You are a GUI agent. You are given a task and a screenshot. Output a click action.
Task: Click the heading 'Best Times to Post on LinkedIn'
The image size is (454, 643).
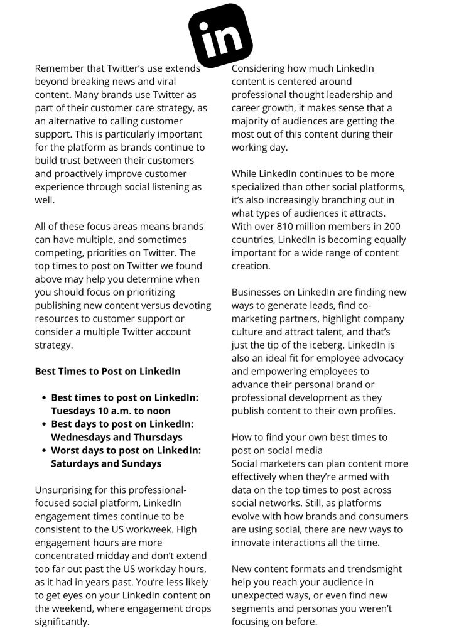click(107, 371)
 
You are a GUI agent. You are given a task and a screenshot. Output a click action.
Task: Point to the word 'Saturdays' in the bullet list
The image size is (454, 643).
click(75, 463)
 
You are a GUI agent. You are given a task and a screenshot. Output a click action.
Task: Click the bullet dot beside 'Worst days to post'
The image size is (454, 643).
click(44, 451)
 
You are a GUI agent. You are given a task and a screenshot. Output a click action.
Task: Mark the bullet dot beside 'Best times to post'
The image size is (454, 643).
click(44, 398)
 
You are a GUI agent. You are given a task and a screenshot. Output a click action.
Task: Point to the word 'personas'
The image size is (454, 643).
click(309, 608)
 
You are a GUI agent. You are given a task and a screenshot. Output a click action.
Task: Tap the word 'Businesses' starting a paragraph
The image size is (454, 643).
click(258, 292)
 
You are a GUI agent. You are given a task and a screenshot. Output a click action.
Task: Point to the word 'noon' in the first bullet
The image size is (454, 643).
click(157, 411)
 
